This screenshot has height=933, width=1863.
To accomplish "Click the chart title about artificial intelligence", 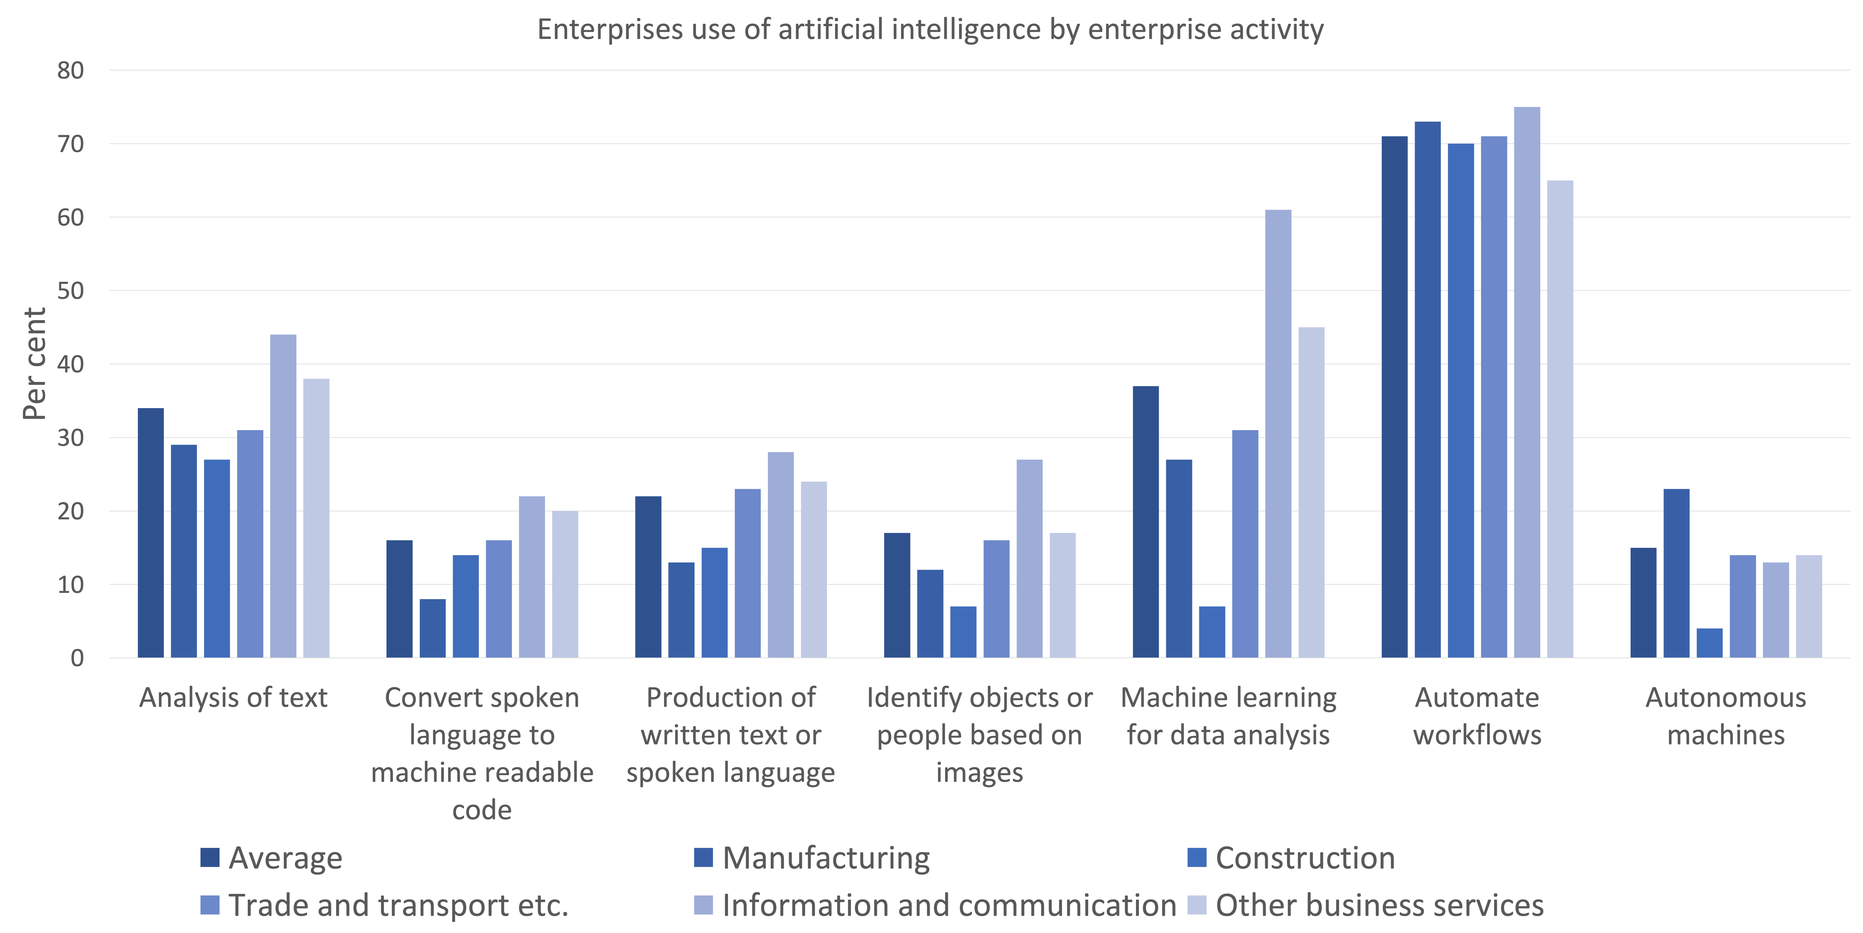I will [x=930, y=30].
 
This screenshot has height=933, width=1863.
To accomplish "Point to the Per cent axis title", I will [x=35, y=364].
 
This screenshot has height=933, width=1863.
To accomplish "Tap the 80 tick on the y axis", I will [x=71, y=71].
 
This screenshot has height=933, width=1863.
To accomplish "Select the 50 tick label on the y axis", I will [x=71, y=291].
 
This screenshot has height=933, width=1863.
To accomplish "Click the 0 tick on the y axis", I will [x=77, y=658].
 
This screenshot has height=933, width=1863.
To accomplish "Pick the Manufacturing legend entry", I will [x=812, y=858].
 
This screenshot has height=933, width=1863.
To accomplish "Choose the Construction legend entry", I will [x=1292, y=858].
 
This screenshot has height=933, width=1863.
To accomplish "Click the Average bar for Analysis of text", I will [x=150, y=533].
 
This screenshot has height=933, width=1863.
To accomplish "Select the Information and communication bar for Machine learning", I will [x=1278, y=434].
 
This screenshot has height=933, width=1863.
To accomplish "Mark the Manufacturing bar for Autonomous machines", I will [x=1676, y=574].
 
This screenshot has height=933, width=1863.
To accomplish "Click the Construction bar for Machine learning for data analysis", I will [x=1212, y=632].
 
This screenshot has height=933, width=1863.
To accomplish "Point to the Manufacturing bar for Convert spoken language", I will [x=432, y=628].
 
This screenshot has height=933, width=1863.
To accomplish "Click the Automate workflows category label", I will [x=1477, y=716].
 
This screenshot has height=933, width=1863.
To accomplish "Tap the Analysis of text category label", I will [x=233, y=698].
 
